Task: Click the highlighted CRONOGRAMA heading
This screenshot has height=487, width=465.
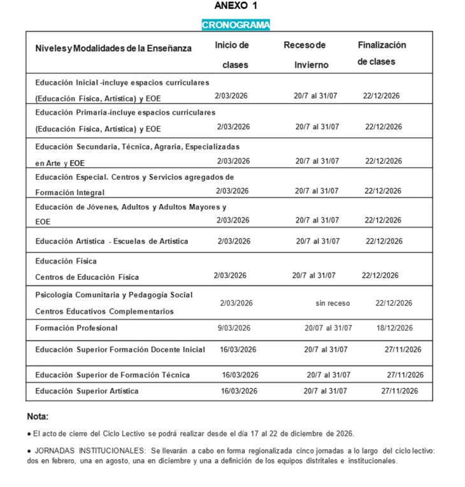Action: (x=236, y=25)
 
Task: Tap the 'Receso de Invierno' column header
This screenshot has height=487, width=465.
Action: (x=305, y=55)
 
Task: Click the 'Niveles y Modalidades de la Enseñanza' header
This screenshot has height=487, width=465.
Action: (x=113, y=48)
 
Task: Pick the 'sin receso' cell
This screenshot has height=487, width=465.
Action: (x=333, y=303)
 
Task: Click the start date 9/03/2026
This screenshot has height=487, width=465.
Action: (x=234, y=328)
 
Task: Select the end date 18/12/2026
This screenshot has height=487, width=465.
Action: (x=394, y=328)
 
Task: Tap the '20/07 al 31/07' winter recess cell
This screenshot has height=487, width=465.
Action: (x=328, y=328)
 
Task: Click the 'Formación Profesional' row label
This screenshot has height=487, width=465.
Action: (x=76, y=328)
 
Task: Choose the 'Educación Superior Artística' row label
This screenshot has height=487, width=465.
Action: (x=87, y=391)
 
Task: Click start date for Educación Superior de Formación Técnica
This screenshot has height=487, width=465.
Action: (x=240, y=375)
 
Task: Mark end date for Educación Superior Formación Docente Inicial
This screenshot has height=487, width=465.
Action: (x=403, y=349)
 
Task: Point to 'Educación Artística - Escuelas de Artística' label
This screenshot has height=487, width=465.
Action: (x=111, y=242)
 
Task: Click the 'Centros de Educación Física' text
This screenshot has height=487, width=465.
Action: (x=87, y=277)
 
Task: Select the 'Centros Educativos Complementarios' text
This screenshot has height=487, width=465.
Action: (x=104, y=312)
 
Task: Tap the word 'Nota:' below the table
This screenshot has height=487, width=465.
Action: (x=38, y=416)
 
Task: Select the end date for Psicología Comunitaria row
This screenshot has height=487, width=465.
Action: (x=394, y=303)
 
